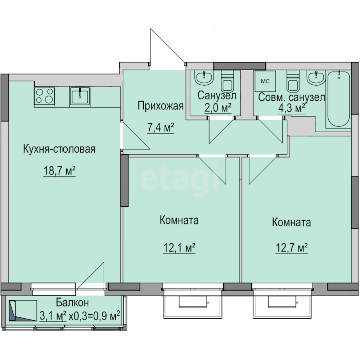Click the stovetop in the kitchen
click(x=45, y=96)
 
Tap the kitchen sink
click(x=80, y=96)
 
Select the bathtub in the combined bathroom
click(x=338, y=99)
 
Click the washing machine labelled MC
click(x=265, y=81)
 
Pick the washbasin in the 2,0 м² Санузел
click(x=204, y=77)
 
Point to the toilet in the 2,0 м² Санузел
click(x=227, y=81)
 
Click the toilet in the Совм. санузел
click(x=293, y=81)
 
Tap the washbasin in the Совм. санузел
click(x=316, y=77)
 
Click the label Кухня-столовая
click(x=59, y=149)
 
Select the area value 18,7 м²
click(x=59, y=171)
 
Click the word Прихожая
click(x=161, y=106)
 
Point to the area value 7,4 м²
click(x=161, y=128)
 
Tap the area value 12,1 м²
click(x=179, y=248)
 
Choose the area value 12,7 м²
click(x=292, y=248)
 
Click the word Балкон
click(x=72, y=303)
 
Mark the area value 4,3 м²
click(x=292, y=108)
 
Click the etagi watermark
click(x=179, y=180)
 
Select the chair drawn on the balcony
click(x=23, y=311)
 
